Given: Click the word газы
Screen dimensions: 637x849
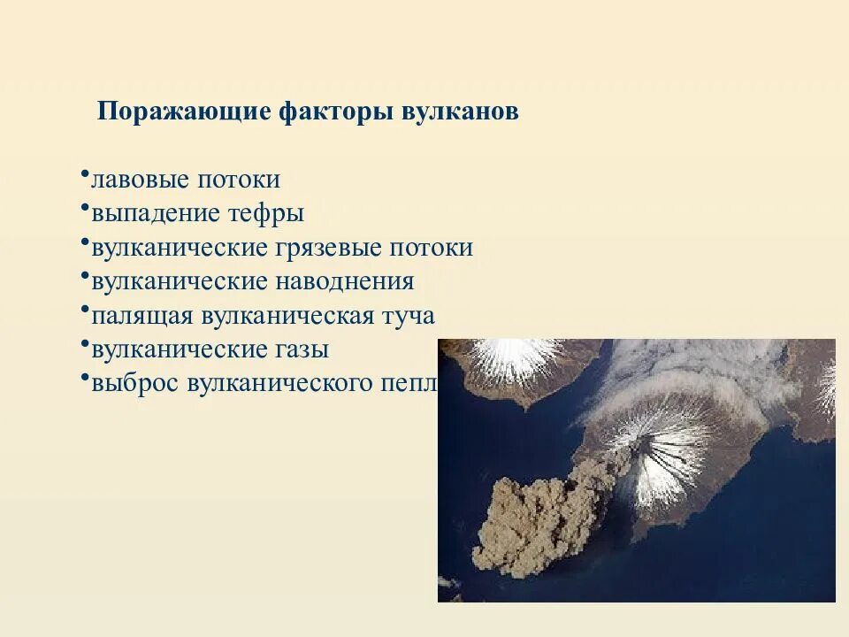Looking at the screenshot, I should pos(302,349).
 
